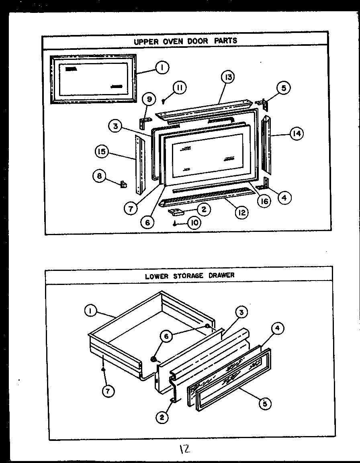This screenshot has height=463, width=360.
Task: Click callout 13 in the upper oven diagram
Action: tap(228, 77)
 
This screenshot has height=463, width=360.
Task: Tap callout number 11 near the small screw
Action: tap(180, 88)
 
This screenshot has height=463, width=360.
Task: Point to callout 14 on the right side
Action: tap(296, 134)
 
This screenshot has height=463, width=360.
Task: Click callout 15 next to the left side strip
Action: tap(101, 152)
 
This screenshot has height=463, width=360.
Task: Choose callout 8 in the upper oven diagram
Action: tap(99, 176)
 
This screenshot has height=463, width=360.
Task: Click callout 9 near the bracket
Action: tap(149, 98)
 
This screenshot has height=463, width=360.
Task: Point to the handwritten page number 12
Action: tap(184, 450)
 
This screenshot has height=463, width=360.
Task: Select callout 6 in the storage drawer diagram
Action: tap(166, 336)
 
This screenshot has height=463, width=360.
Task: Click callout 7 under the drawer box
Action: tap(108, 390)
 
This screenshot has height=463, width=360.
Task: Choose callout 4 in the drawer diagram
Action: tap(277, 329)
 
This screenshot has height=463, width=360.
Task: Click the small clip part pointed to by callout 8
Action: tap(124, 184)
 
